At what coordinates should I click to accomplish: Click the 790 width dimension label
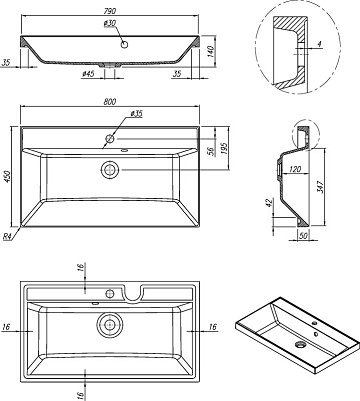(x=110, y=11)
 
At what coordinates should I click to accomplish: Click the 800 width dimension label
(x=110, y=102)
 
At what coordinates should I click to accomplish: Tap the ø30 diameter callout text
(x=110, y=23)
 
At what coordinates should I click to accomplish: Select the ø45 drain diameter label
(x=88, y=74)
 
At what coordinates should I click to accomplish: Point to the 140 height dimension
(x=211, y=51)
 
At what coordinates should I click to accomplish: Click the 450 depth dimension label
(x=8, y=177)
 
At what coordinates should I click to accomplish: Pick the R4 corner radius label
(x=8, y=237)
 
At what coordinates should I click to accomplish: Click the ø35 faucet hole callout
(x=136, y=114)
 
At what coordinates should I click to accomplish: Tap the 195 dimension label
(x=224, y=149)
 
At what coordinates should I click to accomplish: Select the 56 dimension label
(x=211, y=151)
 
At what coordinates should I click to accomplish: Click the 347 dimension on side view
(x=320, y=187)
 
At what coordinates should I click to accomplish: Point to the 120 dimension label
(x=295, y=169)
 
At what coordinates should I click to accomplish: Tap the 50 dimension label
(x=303, y=235)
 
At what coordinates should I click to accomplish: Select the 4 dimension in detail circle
(x=319, y=44)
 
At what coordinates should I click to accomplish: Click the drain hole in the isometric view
(x=300, y=344)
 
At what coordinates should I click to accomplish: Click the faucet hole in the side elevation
(x=124, y=44)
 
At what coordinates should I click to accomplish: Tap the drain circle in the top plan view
(x=109, y=170)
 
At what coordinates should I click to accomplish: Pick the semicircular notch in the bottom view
(x=133, y=293)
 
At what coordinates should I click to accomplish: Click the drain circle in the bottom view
(x=110, y=324)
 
